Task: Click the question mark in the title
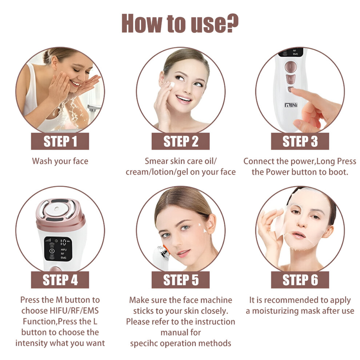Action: [231, 23]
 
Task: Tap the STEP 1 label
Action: [60, 141]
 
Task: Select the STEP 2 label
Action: [180, 141]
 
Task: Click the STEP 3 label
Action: [300, 141]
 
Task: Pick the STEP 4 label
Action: [60, 280]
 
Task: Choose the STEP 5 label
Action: [180, 280]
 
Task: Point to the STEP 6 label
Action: [300, 280]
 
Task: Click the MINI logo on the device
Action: [291, 105]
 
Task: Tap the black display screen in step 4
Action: [58, 249]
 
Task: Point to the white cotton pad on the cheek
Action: [171, 84]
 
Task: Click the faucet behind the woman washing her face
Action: [93, 108]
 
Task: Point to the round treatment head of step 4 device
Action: [56, 209]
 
